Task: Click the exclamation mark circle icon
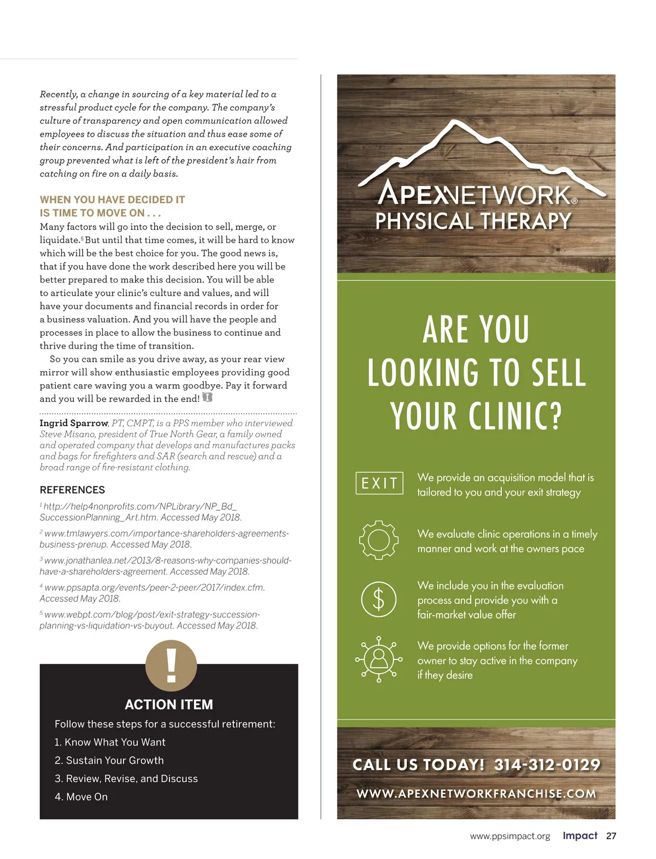pos(171,666)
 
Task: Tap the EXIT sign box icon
pos(379,483)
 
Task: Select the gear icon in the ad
pos(378,540)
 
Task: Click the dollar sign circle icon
pos(378,599)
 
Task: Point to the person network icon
pos(378,660)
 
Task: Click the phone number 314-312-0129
pos(547,764)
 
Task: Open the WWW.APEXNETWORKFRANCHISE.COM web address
pos(476,793)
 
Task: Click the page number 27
pos(611,836)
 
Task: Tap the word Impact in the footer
pos(580,836)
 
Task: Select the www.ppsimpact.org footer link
pos(510,837)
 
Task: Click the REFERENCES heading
pos(72,490)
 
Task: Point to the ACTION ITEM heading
pos(169,705)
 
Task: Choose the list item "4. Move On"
pos(81,797)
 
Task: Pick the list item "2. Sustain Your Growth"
pos(109,761)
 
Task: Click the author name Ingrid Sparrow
pos(74,423)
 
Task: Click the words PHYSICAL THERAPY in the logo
pos(473,221)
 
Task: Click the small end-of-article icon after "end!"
pos(207,398)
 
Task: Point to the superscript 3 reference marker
pos(41,558)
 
